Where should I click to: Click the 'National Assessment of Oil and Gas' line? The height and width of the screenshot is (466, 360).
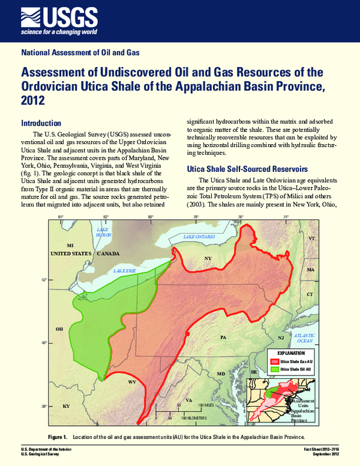pyautogui.click(x=80, y=53)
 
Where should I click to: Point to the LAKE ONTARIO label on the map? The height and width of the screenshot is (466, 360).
pyautogui.click(x=199, y=237)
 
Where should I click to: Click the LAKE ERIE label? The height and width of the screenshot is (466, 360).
pyautogui.click(x=124, y=271)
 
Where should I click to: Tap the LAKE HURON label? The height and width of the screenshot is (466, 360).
pyautogui.click(x=104, y=232)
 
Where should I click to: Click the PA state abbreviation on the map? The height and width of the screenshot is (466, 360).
pyautogui.click(x=223, y=338)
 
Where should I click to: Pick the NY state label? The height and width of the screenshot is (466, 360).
pyautogui.click(x=208, y=259)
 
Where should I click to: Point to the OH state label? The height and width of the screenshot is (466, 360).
pyautogui.click(x=59, y=329)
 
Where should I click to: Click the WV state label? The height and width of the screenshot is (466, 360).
pyautogui.click(x=132, y=381)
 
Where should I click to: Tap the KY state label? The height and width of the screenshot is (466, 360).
pyautogui.click(x=66, y=407)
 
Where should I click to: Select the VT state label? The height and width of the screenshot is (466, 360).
pyautogui.click(x=311, y=238)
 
